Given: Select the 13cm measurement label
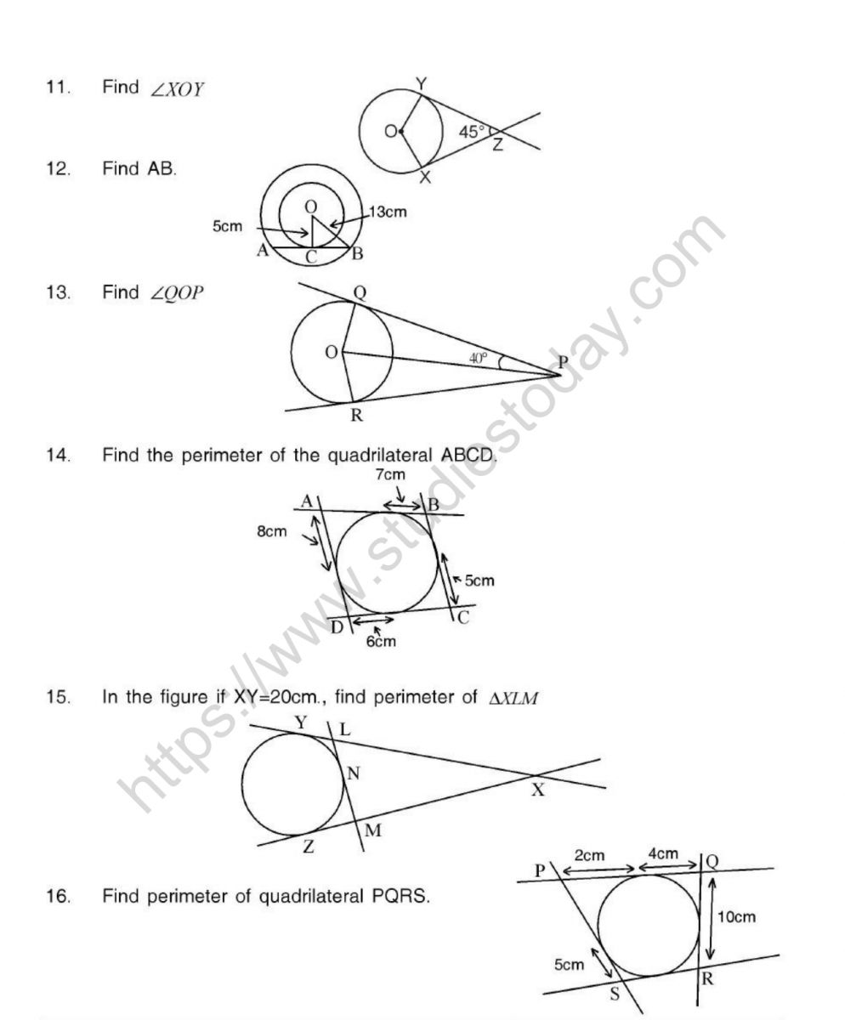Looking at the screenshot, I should coord(387,212).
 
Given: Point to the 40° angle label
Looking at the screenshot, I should coord(479,358).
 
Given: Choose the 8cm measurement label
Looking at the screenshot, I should coord(272,533).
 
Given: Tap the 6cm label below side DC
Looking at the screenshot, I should coord(381,641).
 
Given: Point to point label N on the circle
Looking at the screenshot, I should coord(352,773).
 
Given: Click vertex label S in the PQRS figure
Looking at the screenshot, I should coord(614,996).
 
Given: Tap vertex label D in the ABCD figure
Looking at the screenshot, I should coord(337,626).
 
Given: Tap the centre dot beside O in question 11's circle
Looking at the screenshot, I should coord(401,131).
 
